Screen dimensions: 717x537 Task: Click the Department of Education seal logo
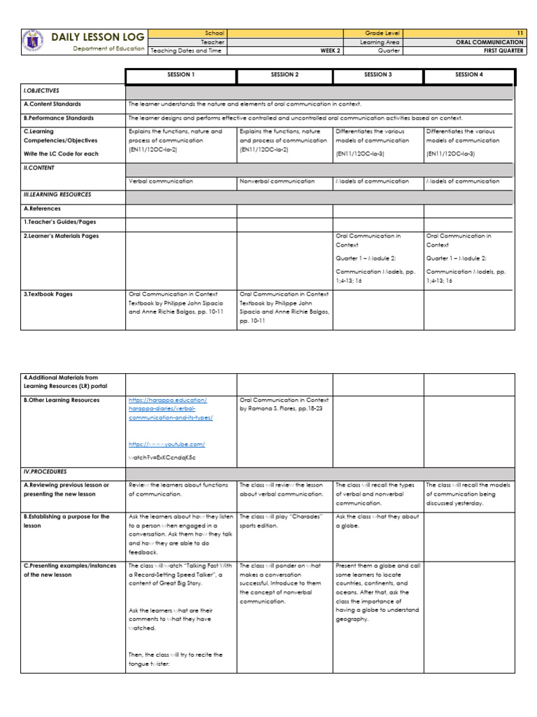pos(31,41)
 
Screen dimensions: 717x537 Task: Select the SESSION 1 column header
pos(181,74)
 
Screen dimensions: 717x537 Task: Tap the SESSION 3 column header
pos(378,74)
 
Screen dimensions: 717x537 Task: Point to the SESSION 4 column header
pos(468,74)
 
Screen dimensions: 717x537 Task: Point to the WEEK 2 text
pos(331,50)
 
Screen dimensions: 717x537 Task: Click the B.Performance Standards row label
pos(59,118)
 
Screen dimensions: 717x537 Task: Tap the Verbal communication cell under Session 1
pos(160,181)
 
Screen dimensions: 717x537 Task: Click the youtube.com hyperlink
pos(166,444)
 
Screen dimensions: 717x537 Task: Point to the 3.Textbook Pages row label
pos(48,295)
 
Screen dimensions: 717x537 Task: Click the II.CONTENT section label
pos(39,168)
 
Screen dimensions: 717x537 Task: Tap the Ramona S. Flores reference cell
pos(283,404)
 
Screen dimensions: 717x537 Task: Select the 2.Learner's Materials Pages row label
pos(62,237)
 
